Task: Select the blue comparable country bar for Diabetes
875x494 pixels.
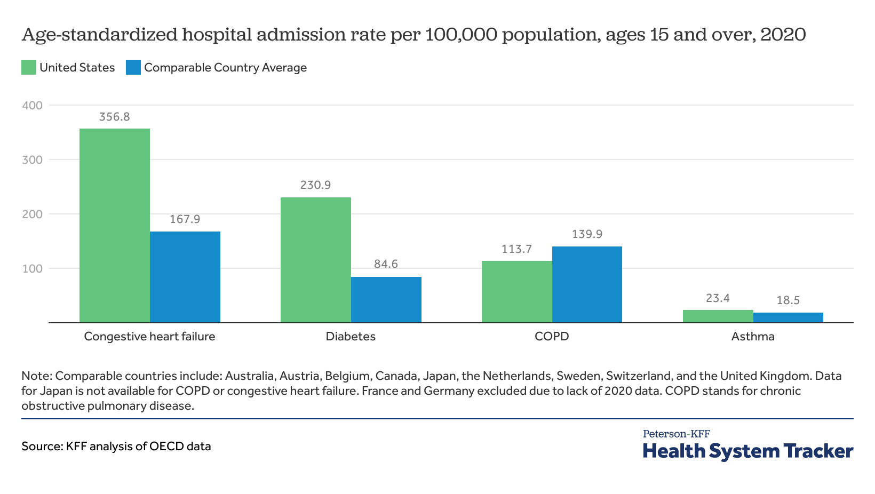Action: [386, 299]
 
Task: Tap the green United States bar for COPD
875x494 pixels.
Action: [516, 291]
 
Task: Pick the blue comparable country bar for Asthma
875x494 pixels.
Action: [788, 317]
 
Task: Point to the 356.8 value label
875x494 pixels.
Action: [115, 117]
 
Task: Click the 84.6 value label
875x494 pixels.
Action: [386, 264]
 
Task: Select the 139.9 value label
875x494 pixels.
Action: [587, 234]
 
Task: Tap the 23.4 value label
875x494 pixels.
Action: [718, 298]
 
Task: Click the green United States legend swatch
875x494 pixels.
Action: [29, 68]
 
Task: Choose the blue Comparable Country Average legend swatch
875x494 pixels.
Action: [133, 68]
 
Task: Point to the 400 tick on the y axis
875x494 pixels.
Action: [32, 106]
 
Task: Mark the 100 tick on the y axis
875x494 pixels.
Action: [32, 268]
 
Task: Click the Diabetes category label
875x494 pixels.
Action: [351, 337]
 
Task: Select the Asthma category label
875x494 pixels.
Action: [753, 337]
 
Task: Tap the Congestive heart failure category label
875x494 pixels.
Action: [149, 337]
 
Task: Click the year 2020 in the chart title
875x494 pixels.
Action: [783, 35]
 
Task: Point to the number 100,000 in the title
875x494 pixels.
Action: [463, 35]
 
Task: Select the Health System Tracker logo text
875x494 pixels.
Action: [748, 451]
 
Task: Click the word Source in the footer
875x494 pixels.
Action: [41, 447]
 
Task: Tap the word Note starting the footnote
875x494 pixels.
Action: [36, 376]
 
